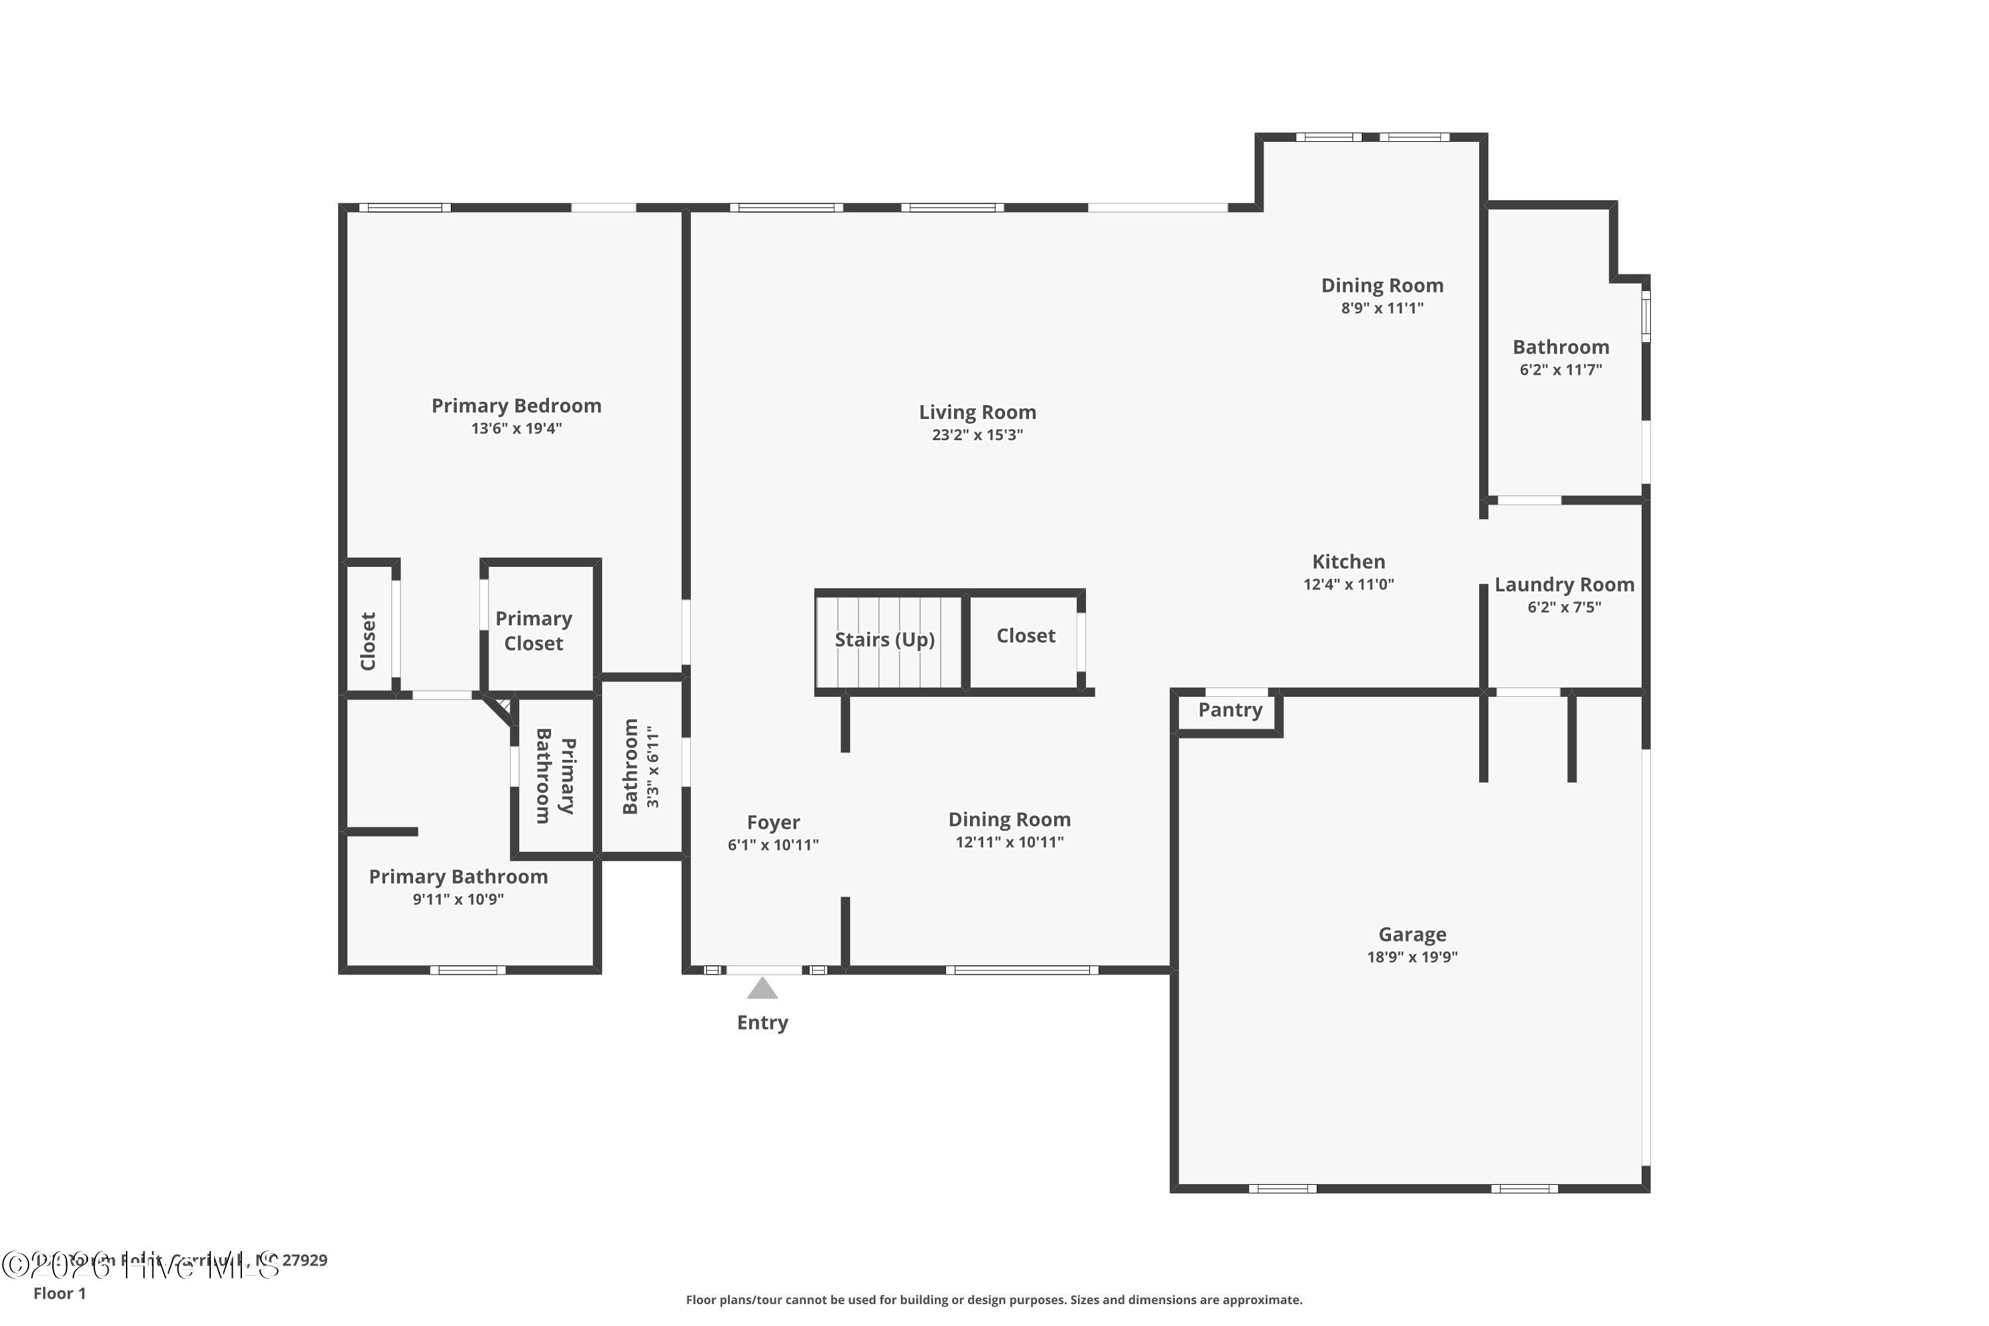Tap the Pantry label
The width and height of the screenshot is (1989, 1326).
pos(1230,710)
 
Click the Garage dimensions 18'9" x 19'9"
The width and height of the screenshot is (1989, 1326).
pos(1412,957)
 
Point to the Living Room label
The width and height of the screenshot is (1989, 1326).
pos(977,412)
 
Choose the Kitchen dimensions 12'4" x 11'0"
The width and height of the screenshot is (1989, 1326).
pos(1348,584)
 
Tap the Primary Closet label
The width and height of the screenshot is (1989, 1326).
pos(534,631)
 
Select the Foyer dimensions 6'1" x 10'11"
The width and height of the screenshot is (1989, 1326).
pos(773,845)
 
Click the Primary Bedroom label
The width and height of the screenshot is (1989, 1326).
pos(516,406)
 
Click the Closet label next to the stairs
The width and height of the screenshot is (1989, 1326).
pos(1025,636)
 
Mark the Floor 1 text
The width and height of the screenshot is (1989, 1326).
pos(59,1293)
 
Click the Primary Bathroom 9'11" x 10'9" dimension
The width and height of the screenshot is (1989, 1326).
pos(457,900)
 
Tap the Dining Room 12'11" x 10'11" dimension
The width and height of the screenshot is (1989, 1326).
pos(1009,842)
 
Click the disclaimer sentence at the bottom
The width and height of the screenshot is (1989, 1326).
pos(994,1299)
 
